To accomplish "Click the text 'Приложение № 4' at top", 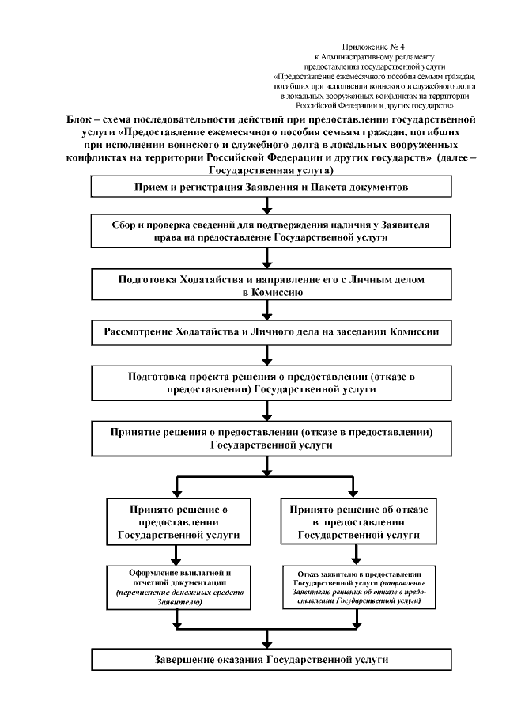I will (372, 48).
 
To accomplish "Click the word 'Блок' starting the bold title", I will (81, 118).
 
